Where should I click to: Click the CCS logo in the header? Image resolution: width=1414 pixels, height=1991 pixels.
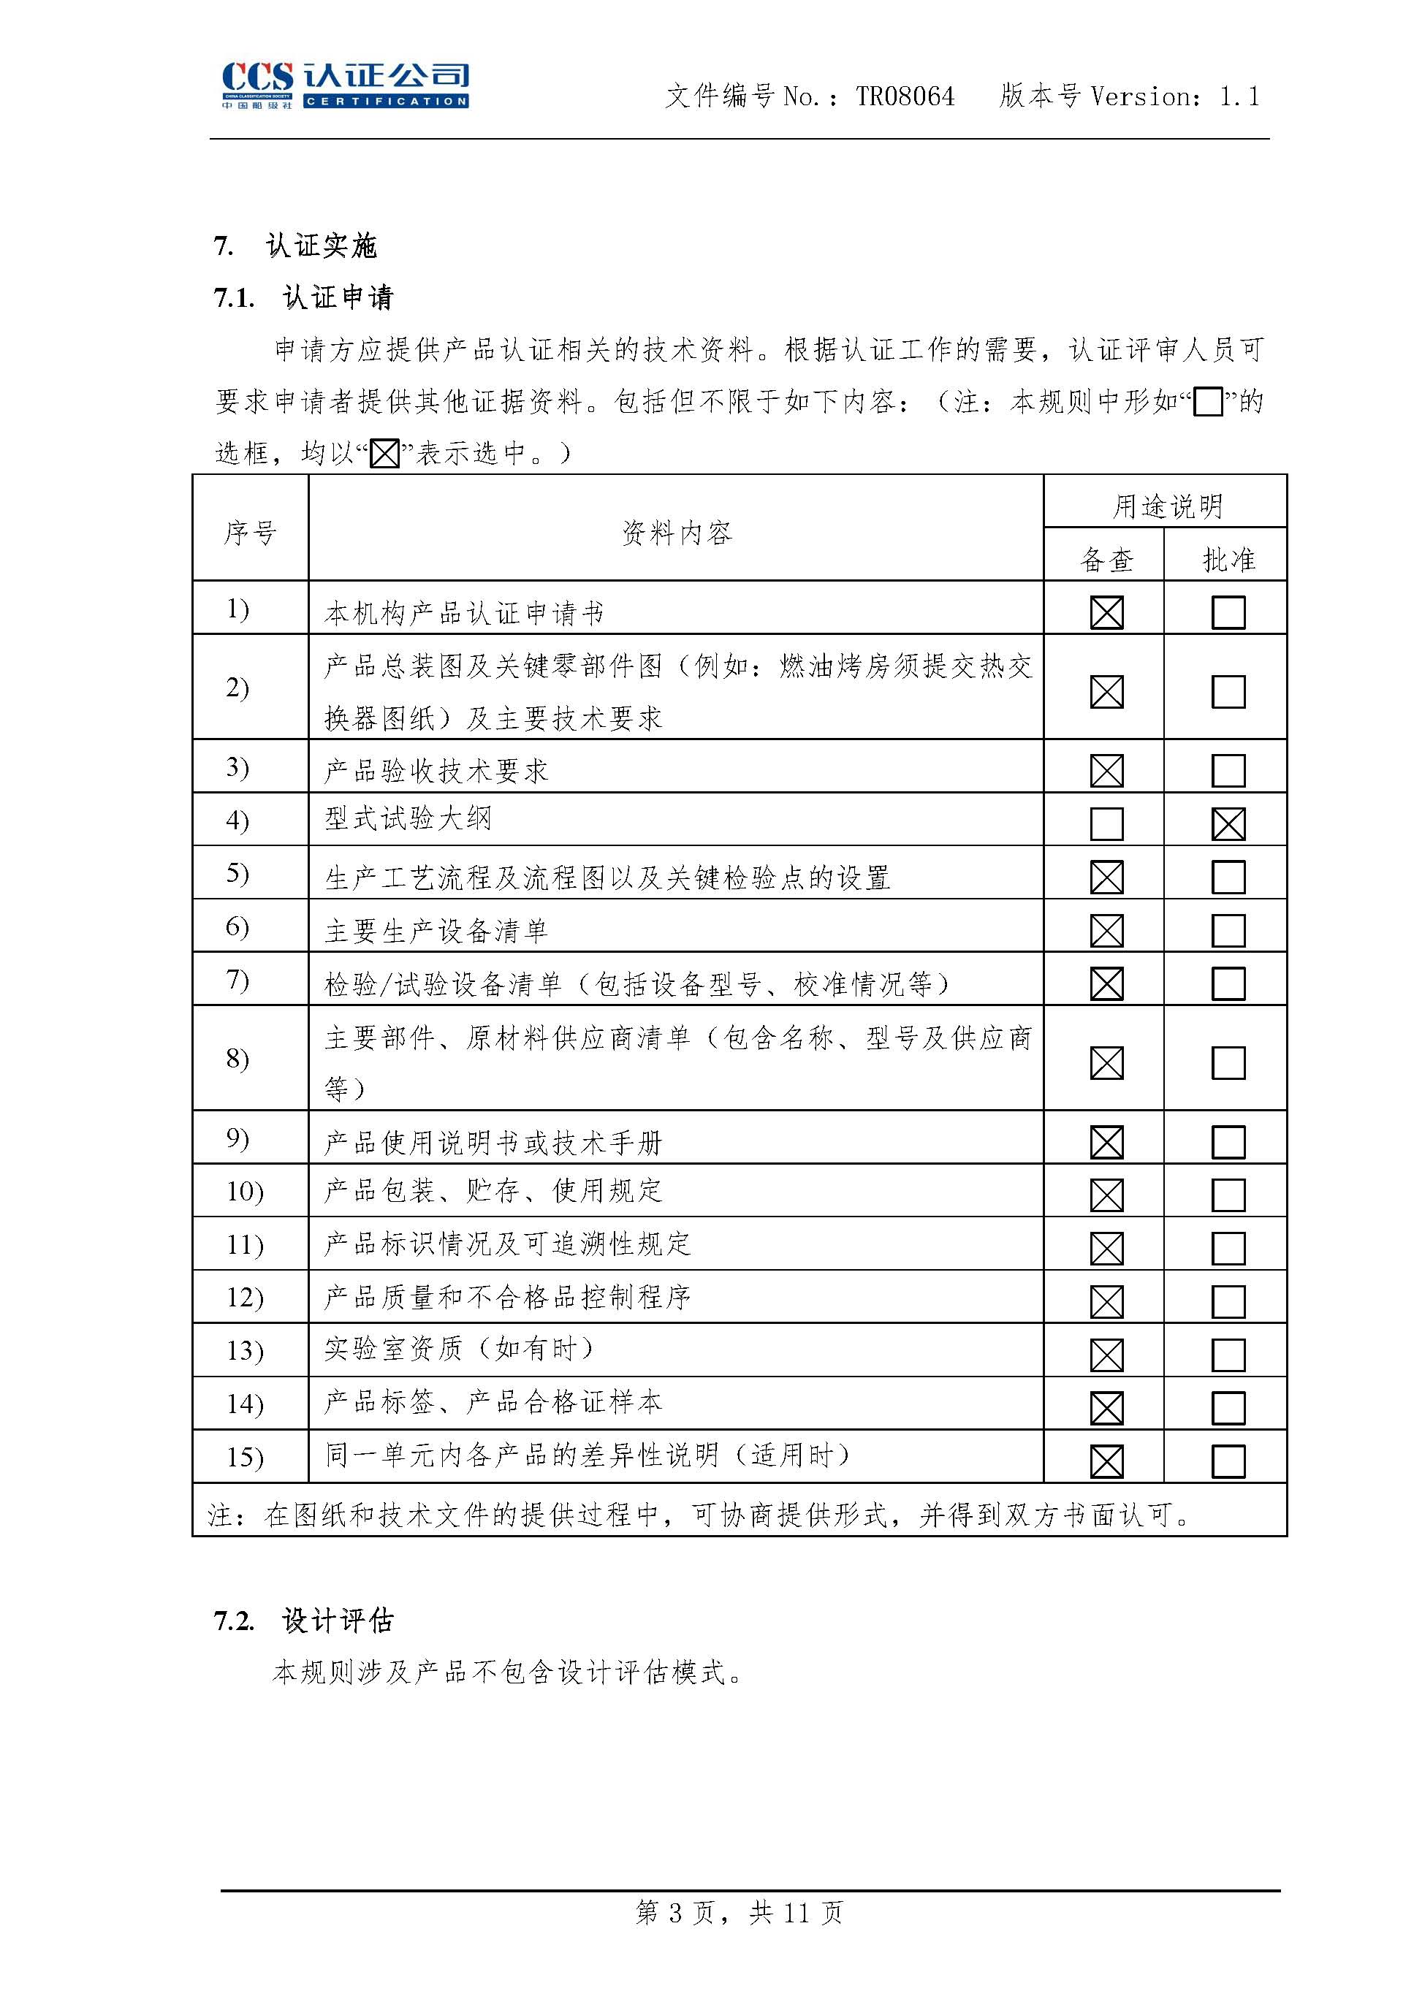[x=345, y=85]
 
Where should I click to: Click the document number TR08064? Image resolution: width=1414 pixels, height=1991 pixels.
[x=905, y=96]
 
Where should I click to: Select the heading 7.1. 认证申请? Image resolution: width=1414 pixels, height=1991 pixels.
[x=304, y=297]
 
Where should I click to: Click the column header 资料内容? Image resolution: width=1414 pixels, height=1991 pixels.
[x=677, y=532]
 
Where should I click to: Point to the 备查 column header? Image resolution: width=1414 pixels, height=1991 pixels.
[x=1106, y=560]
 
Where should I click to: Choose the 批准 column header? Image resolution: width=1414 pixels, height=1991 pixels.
[x=1228, y=560]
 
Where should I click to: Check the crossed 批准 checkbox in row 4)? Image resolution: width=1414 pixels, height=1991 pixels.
[x=1228, y=823]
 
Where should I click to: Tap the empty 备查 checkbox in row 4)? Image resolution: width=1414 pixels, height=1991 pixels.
[x=1106, y=823]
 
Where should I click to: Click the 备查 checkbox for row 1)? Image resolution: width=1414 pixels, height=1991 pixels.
[x=1106, y=612]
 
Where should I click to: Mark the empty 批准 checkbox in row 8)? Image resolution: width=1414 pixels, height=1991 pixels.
[x=1228, y=1062]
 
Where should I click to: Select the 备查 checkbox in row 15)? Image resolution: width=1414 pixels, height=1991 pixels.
[x=1106, y=1461]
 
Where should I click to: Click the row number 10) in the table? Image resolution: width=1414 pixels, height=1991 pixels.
[x=245, y=1191]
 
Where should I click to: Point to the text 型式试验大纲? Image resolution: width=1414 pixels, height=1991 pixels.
[x=408, y=818]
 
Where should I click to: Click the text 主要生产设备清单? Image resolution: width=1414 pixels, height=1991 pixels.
[x=436, y=931]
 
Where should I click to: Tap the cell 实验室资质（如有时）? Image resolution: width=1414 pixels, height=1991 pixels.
[x=459, y=1349]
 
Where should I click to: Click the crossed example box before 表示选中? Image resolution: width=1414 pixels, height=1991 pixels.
[x=385, y=454]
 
